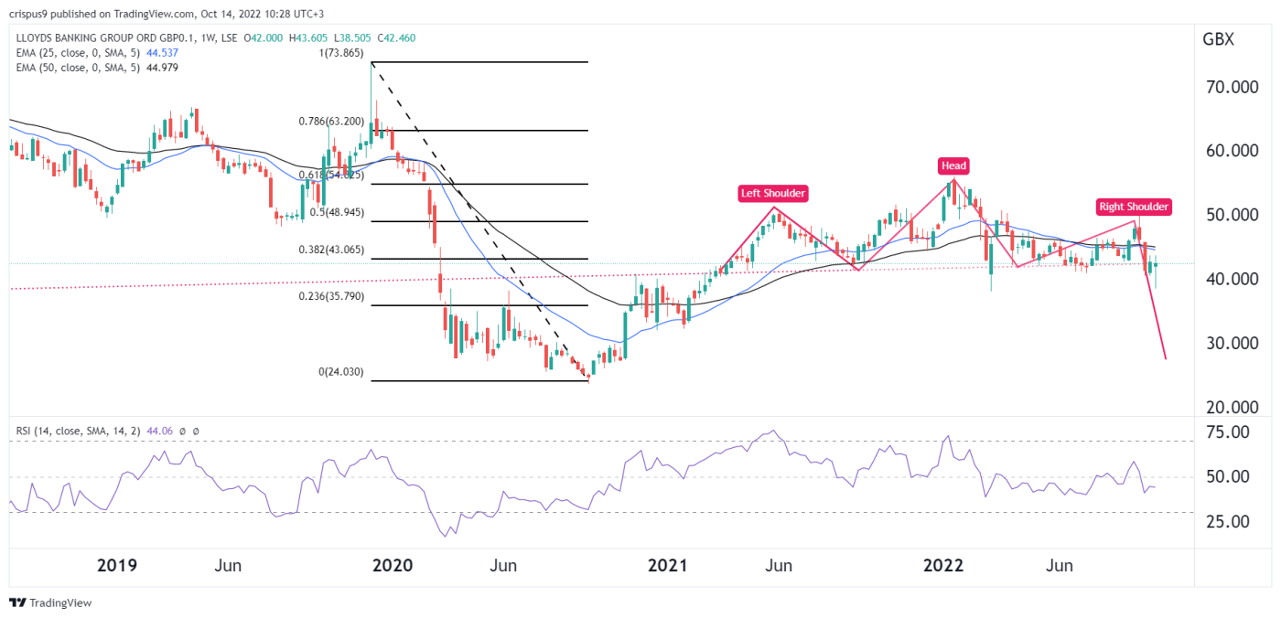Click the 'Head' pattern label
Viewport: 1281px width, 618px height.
pyautogui.click(x=953, y=165)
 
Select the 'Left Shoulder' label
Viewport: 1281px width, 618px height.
pyautogui.click(x=773, y=193)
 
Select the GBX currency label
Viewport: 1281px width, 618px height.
pyautogui.click(x=1218, y=39)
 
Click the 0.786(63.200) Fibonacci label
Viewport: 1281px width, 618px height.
pyautogui.click(x=331, y=121)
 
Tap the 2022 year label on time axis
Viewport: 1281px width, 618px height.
pyautogui.click(x=943, y=566)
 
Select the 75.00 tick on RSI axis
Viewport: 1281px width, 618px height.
pyautogui.click(x=1225, y=432)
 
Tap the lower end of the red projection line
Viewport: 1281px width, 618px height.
pyautogui.click(x=1165, y=358)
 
